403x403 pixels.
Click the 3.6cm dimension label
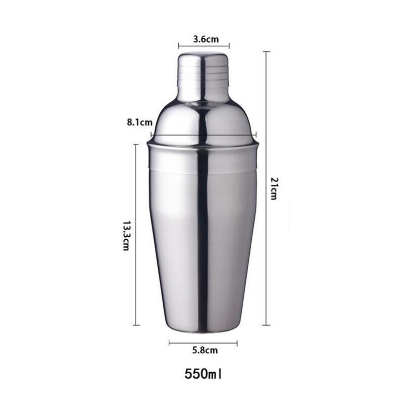pos(204,38)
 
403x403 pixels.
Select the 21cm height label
pos(274,188)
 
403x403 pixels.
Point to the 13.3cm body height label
pos(126,235)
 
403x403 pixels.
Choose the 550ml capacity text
pos(203,374)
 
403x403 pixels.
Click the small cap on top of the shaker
pos(203,76)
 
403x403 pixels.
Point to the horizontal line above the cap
pos(204,46)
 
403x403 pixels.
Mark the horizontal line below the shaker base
pos(203,343)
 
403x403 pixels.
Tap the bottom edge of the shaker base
pos(203,331)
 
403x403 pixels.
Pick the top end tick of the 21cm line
pos(266,51)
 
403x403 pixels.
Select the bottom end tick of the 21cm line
pos(266,325)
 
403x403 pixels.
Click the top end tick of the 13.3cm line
pos(136,145)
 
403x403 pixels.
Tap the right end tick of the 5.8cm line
pos(237,343)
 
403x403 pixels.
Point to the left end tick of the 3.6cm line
pos(178,46)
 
